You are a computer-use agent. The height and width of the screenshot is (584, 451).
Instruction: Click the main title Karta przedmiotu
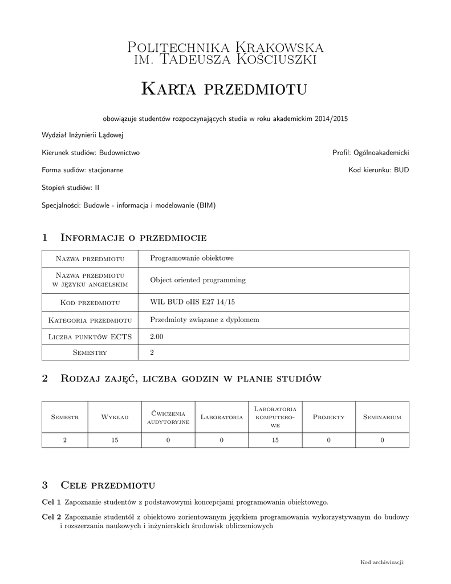pyautogui.click(x=224, y=89)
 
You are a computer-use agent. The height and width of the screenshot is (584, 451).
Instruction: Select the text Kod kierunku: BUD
pyautogui.click(x=379, y=170)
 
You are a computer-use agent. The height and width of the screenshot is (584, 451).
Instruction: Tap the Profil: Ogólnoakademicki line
pyautogui.click(x=371, y=153)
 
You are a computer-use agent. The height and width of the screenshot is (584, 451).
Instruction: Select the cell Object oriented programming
pyautogui.click(x=197, y=280)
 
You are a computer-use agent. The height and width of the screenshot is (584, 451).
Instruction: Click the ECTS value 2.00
pyautogui.click(x=156, y=337)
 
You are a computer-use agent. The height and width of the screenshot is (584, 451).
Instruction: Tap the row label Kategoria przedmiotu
pyautogui.click(x=90, y=320)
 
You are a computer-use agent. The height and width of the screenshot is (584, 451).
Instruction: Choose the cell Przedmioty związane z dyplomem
pyautogui.click(x=204, y=320)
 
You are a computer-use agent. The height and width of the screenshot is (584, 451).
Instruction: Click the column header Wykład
pyautogui.click(x=115, y=417)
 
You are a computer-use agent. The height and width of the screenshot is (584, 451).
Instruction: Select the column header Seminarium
pyautogui.click(x=382, y=417)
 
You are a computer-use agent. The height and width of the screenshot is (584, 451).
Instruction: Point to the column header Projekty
pyautogui.click(x=329, y=417)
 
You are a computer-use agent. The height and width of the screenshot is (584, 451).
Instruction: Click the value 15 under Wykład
pyautogui.click(x=115, y=440)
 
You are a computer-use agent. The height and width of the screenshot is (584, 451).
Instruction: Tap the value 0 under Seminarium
pyautogui.click(x=382, y=440)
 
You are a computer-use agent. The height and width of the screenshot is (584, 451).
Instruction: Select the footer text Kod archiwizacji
pyautogui.click(x=382, y=562)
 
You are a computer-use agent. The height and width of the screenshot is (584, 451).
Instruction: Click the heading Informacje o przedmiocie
pyautogui.click(x=133, y=237)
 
